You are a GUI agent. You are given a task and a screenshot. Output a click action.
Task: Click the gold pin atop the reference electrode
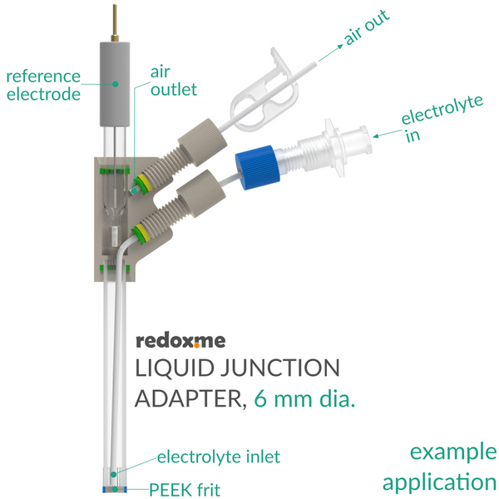click(x=115, y=23)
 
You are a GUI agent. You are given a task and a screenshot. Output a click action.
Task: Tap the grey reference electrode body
click(x=115, y=84)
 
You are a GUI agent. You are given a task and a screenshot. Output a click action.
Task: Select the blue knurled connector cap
click(x=258, y=167)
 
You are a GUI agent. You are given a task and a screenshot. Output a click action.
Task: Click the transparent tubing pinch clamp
click(x=264, y=91)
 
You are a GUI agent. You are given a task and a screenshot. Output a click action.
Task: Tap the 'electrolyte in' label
click(x=442, y=118)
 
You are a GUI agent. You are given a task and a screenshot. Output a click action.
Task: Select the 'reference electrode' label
click(x=43, y=86)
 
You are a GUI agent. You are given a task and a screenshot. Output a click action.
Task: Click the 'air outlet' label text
click(x=174, y=81)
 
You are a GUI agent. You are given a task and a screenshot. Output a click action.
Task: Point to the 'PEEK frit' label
click(x=185, y=490)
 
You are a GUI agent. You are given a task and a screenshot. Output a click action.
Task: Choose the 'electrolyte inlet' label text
click(x=219, y=457)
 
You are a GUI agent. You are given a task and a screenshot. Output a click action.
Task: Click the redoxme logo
click(x=180, y=341)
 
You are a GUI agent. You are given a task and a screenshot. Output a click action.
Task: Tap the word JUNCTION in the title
click(x=280, y=368)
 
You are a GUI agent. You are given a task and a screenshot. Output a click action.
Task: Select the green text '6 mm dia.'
click(x=304, y=398)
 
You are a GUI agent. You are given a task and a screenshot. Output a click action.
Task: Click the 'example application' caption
click(x=440, y=467)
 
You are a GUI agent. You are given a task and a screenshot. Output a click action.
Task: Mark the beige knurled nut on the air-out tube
click(x=202, y=142)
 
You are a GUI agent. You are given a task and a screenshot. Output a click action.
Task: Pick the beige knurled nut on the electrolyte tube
click(x=201, y=194)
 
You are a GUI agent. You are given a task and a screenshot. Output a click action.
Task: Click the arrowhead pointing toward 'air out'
click(x=339, y=47)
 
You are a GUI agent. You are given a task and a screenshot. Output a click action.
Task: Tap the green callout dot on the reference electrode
click(x=116, y=84)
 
